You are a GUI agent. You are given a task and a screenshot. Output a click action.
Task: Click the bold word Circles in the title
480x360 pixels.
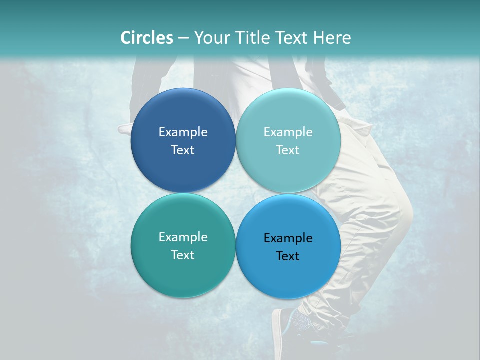tap(146, 38)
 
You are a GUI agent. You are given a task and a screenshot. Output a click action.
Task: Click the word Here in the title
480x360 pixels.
tap(332, 38)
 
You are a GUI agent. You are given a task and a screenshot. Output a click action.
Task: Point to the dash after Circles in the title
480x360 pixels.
tap(183, 38)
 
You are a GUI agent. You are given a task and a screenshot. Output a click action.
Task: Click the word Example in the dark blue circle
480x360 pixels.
tap(183, 132)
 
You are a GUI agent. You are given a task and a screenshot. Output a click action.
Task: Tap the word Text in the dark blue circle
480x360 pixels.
tap(183, 150)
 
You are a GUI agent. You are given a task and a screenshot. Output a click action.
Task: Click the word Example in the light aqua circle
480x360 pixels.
tap(288, 132)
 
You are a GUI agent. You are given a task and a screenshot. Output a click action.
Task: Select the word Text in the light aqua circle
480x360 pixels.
tap(288, 150)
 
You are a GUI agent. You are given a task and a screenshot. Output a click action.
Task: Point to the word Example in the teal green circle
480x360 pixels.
tap(183, 237)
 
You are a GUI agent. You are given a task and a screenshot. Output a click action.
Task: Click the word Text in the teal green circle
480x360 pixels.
tap(183, 255)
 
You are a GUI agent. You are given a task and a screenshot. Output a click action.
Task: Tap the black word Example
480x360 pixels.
tap(288, 238)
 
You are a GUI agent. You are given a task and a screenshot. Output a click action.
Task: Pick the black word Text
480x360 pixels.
tap(288, 256)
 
